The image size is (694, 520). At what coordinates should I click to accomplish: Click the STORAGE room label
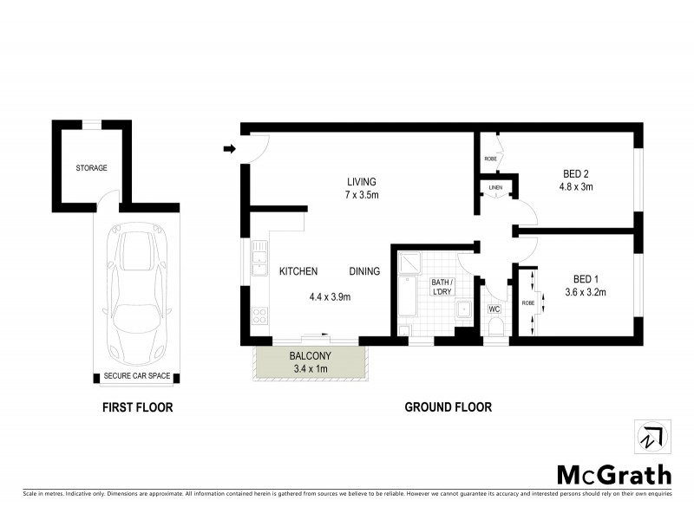pyautogui.click(x=91, y=167)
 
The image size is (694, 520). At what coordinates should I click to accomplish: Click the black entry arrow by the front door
pyautogui.click(x=230, y=149)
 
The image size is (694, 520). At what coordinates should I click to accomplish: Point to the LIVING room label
pyautogui.click(x=362, y=182)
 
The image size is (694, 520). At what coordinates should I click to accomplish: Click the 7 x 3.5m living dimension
pyautogui.click(x=362, y=195)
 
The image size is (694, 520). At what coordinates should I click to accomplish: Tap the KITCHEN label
pyautogui.click(x=298, y=271)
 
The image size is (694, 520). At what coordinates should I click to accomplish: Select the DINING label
pyautogui.click(x=364, y=271)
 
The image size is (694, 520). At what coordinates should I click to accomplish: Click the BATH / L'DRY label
pyautogui.click(x=442, y=288)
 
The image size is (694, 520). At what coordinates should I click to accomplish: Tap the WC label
pyautogui.click(x=494, y=309)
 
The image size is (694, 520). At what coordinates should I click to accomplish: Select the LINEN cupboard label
pyautogui.click(x=495, y=187)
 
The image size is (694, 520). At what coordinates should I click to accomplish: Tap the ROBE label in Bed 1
pyautogui.click(x=527, y=303)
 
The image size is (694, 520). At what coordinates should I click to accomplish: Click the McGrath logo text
pyautogui.click(x=613, y=474)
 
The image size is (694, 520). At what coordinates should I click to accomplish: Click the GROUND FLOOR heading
pyautogui.click(x=448, y=406)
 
